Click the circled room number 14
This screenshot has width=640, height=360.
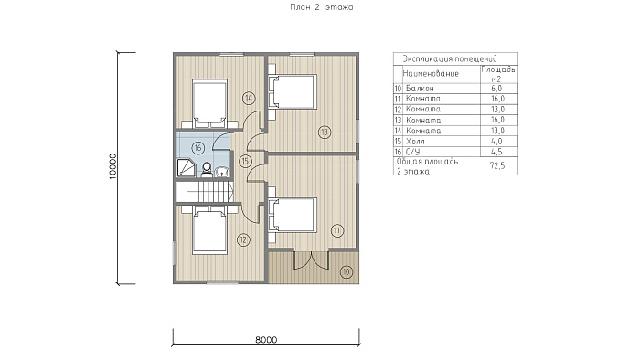click(x=249, y=99)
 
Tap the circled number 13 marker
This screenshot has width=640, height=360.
click(x=325, y=132)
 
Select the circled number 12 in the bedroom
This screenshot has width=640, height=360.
click(x=243, y=239)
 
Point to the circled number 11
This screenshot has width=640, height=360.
click(x=337, y=231)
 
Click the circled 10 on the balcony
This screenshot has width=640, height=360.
click(x=347, y=271)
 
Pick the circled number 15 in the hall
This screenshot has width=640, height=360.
click(x=244, y=161)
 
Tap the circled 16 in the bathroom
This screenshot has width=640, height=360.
click(x=198, y=148)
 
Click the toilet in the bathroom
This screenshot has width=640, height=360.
click(x=207, y=170)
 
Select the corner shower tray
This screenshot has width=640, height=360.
click(x=186, y=168)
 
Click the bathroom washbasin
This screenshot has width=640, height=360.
click(x=221, y=172)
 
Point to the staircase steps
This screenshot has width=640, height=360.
click(x=209, y=192)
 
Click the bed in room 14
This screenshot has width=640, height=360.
click(x=209, y=101)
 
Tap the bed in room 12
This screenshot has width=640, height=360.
click(x=209, y=230)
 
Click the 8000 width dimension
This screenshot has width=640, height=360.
click(x=266, y=340)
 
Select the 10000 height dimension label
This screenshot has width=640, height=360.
click(x=113, y=166)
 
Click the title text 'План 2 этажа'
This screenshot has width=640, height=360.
click(x=322, y=7)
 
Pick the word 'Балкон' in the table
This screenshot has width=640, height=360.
click(x=420, y=89)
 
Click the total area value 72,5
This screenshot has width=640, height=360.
click(x=497, y=165)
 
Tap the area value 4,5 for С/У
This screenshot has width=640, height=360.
click(x=496, y=152)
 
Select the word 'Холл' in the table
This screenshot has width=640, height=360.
click(x=415, y=142)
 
